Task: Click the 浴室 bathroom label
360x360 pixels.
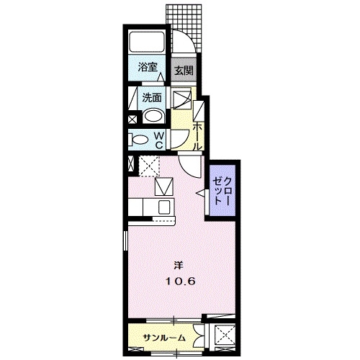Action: [x=148, y=68]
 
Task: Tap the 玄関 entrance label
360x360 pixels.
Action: [x=184, y=71]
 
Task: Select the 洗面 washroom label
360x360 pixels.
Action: [x=152, y=98]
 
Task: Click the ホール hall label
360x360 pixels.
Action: [x=197, y=136]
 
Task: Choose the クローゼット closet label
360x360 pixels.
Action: [x=222, y=191]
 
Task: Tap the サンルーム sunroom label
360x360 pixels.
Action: [x=164, y=338]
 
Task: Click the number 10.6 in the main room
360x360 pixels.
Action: [x=180, y=281]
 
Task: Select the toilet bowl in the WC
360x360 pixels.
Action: [x=138, y=140]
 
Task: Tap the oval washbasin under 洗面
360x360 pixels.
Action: [x=153, y=116]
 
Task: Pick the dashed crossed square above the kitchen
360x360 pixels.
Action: [x=149, y=166]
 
